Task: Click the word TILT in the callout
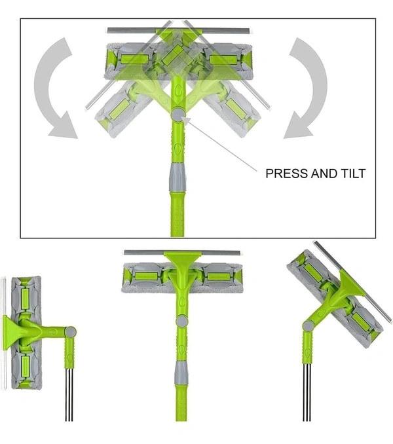tap(354, 174)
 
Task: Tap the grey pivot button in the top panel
tap(178, 115)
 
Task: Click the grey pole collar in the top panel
tap(178, 177)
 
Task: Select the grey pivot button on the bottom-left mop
tap(70, 332)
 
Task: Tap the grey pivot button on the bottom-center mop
tap(181, 322)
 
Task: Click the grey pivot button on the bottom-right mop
tap(308, 326)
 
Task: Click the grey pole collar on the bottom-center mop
tap(181, 373)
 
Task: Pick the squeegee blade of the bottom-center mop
tap(183, 252)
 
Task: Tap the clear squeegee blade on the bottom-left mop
tap(3, 333)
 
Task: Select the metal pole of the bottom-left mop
tap(69, 395)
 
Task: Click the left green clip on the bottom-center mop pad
tap(147, 276)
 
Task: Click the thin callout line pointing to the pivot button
tap(219, 144)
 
